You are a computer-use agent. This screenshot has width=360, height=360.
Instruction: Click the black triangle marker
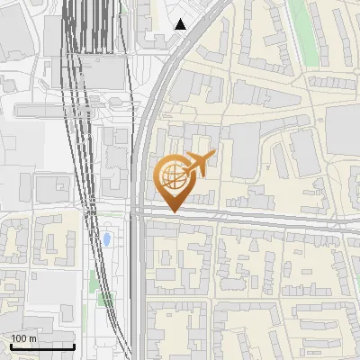(x=181, y=24)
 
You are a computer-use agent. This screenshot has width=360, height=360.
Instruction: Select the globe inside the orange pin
(x=171, y=175)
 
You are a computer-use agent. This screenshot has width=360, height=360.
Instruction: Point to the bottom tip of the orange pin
(x=171, y=212)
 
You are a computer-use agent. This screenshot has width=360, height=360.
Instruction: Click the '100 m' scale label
(x=23, y=338)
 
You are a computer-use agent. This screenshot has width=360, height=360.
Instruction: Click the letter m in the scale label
(x=32, y=338)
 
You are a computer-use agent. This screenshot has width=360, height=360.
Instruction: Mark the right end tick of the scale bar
(x=74, y=346)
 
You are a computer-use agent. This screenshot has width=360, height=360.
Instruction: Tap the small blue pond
(x=107, y=239)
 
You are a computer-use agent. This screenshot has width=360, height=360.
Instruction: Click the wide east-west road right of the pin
(x=270, y=220)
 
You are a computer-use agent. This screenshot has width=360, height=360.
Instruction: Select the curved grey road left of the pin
(x=144, y=135)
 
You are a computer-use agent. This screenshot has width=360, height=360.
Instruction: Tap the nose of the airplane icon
(x=214, y=155)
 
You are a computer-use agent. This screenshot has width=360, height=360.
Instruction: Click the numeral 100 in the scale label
(x=19, y=338)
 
